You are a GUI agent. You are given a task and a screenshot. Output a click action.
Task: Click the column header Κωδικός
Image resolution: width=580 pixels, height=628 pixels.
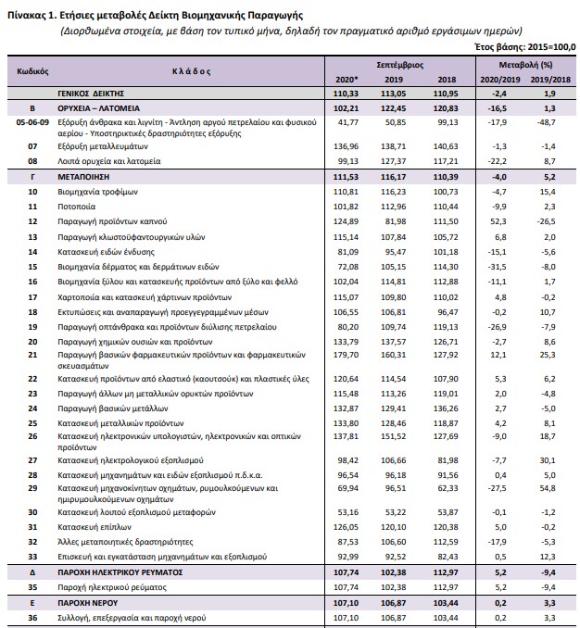(x=32, y=70)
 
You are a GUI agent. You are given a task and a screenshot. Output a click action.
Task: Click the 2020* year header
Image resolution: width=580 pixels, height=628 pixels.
(x=346, y=81)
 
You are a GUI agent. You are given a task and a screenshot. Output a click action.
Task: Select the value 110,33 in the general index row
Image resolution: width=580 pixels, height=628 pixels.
(x=346, y=94)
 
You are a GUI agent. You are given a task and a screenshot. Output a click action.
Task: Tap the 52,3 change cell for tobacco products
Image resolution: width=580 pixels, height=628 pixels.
(x=501, y=221)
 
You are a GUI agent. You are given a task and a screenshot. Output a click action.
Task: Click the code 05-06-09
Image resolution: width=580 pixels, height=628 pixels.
(x=33, y=121)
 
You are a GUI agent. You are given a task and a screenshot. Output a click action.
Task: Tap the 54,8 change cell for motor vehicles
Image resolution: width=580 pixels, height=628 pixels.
(x=549, y=486)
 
